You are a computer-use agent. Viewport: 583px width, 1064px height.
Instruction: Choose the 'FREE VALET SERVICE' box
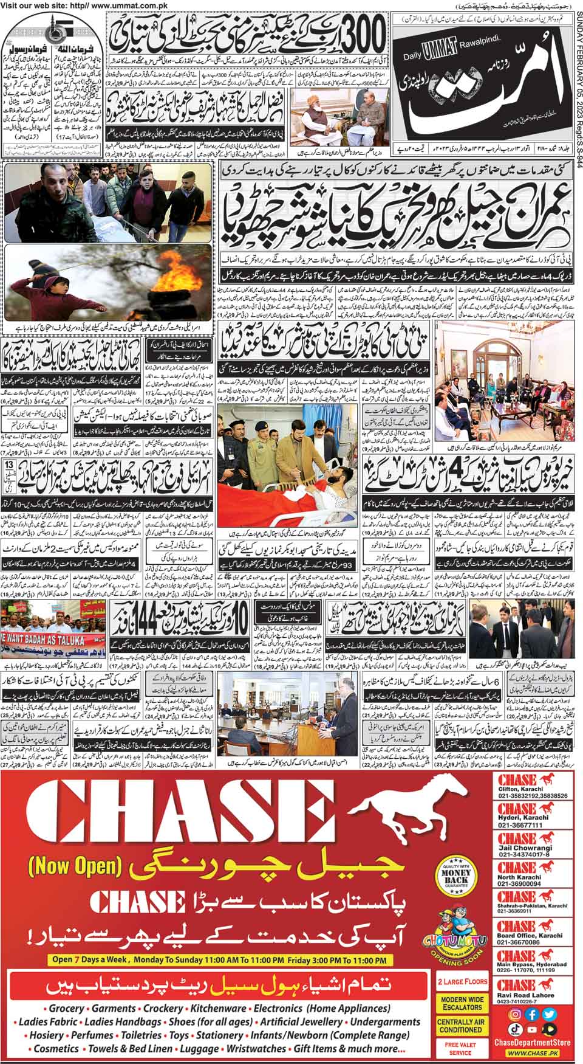click(x=462, y=1048)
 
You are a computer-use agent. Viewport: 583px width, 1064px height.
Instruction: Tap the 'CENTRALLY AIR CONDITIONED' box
click(x=462, y=1025)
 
